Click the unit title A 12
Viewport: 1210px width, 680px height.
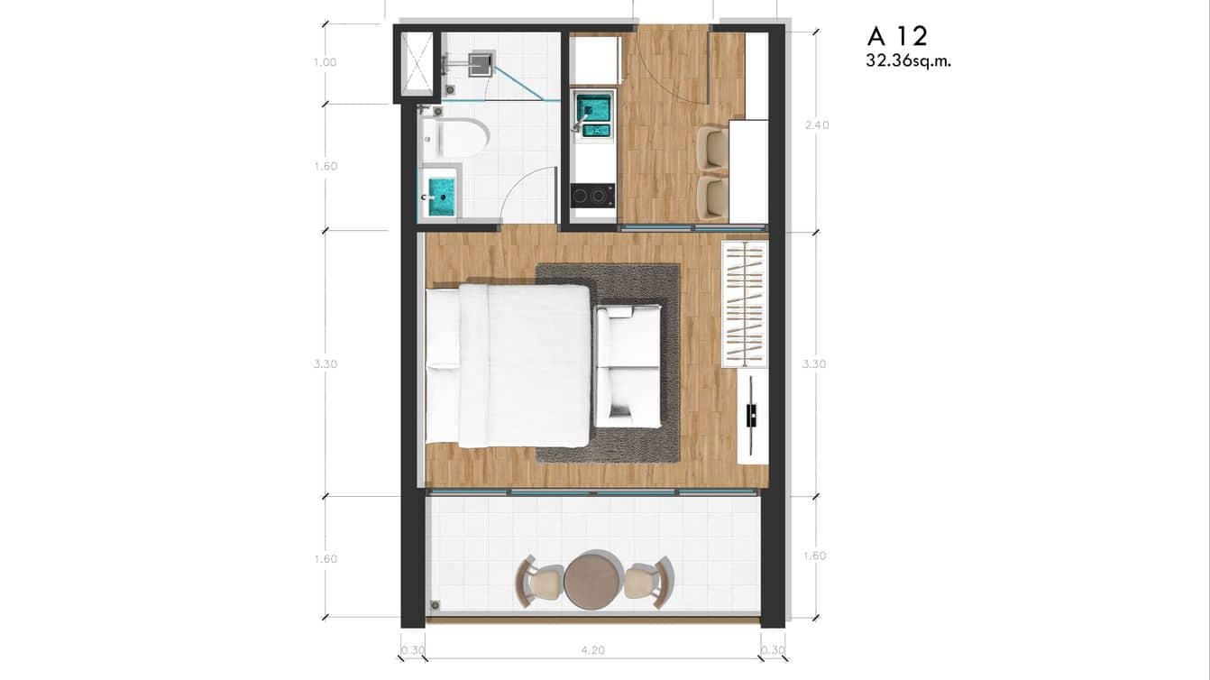click(x=897, y=36)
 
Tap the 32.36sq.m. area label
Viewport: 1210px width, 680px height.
click(x=908, y=62)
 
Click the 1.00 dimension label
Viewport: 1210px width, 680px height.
click(x=325, y=62)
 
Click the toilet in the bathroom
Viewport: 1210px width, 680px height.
click(x=454, y=137)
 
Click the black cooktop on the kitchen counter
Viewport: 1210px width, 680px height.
click(x=592, y=195)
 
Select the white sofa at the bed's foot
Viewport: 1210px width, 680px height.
click(x=628, y=365)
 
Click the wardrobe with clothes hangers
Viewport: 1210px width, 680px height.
click(x=745, y=304)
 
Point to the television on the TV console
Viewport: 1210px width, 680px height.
click(x=750, y=414)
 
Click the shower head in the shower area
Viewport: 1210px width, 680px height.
click(x=480, y=61)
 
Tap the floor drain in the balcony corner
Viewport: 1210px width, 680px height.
click(x=435, y=605)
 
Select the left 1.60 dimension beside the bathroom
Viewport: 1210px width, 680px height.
click(x=325, y=166)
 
